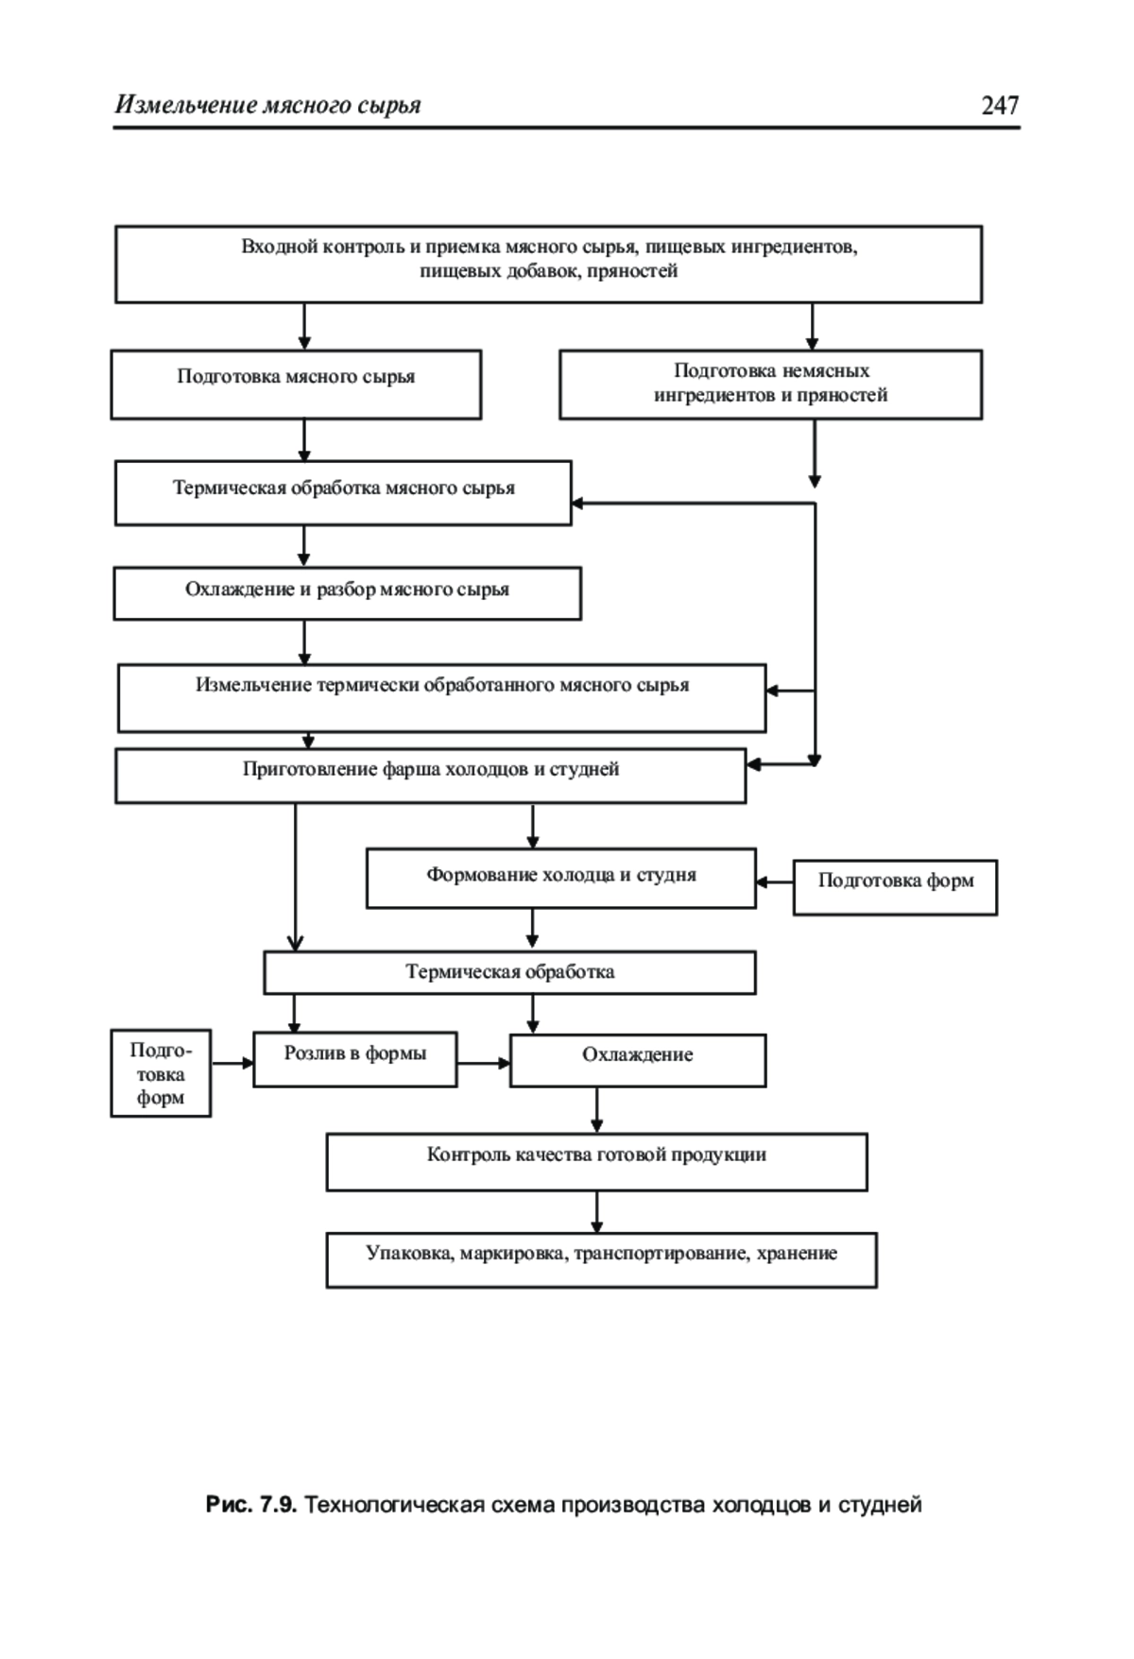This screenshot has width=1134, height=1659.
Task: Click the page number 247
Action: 1000,105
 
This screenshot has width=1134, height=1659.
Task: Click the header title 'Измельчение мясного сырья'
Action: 267,105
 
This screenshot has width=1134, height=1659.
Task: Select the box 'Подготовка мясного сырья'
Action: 296,385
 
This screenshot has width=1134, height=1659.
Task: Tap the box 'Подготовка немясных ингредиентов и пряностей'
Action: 770,385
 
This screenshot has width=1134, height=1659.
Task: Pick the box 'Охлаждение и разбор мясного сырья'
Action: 347,593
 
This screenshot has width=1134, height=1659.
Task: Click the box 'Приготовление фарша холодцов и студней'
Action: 430,776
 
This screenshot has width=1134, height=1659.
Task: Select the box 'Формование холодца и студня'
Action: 560,879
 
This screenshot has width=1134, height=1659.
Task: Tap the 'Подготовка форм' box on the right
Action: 895,887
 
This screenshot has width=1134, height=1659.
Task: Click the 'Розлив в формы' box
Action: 354,1059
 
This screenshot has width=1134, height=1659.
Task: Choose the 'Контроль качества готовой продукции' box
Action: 596,1162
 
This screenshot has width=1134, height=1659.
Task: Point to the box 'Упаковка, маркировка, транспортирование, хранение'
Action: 601,1260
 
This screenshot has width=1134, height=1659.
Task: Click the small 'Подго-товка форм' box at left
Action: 161,1073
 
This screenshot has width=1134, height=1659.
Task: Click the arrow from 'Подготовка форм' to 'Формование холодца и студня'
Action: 775,882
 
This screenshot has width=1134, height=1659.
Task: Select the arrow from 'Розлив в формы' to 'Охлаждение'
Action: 484,1063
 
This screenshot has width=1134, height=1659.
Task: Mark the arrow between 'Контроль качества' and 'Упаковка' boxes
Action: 596,1212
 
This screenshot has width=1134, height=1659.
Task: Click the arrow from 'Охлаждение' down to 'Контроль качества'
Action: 596,1110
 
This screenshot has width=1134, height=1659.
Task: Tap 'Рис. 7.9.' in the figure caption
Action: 251,1505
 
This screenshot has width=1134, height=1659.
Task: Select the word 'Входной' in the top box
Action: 279,248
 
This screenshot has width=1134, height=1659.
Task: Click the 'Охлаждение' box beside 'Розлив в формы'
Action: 638,1060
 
